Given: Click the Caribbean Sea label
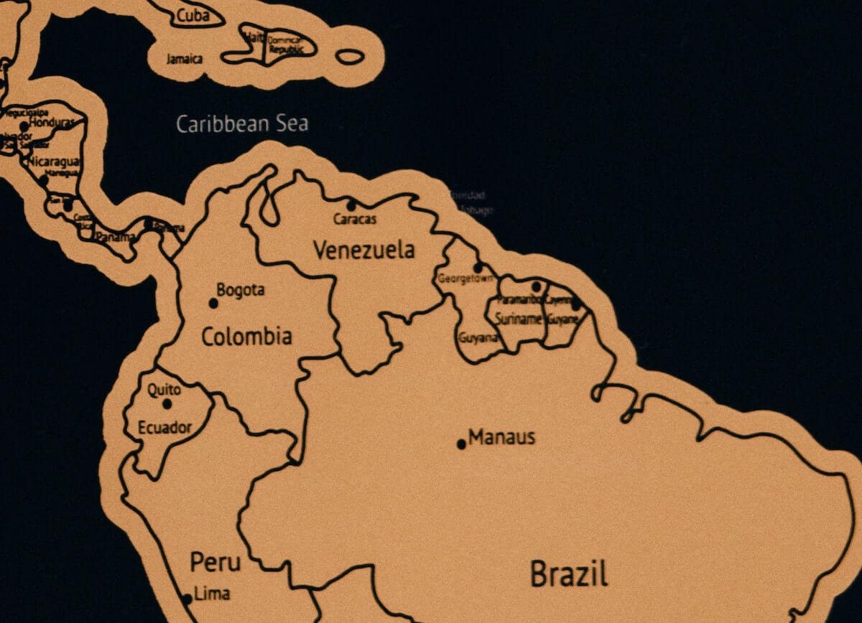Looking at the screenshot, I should point(242,123).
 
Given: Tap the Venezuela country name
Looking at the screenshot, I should point(364,250).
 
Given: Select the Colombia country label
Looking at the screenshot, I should point(246,336).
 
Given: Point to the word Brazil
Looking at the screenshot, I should point(569,574).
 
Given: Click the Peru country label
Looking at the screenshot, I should point(215,562).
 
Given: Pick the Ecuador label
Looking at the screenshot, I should point(165,428).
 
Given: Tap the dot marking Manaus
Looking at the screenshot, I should point(461,444).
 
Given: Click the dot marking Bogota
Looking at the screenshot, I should point(213,303).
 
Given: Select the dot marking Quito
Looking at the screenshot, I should point(167,403).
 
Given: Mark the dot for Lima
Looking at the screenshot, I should point(187,599).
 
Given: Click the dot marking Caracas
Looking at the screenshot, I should point(351,205).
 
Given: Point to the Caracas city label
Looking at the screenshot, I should point(355,219).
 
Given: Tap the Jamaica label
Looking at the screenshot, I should point(184,59).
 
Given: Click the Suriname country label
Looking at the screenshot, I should point(518,319).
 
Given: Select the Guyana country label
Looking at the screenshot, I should point(478,337).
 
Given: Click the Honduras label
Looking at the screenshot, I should point(52,123).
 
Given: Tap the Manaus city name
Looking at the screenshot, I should point(501,437).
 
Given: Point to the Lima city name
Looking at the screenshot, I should point(213,594).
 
